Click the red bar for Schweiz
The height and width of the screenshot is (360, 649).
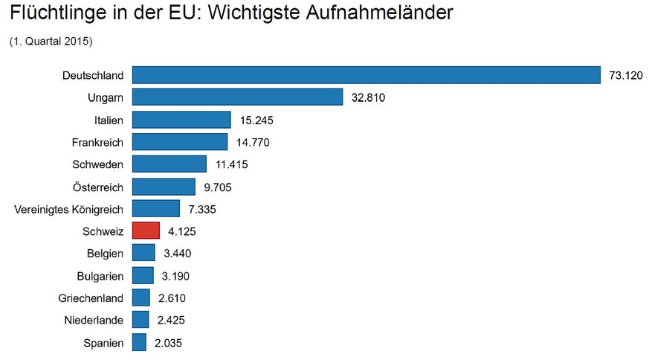click(146, 231)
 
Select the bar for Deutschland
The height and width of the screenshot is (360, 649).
click(366, 75)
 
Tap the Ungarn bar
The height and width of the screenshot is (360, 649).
click(237, 97)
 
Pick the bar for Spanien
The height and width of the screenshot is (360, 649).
click(139, 343)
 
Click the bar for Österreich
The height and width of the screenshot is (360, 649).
click(164, 187)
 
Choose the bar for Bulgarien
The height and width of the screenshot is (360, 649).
click(143, 276)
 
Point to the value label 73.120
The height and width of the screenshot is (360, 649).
click(625, 75)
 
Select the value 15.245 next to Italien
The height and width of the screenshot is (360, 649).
click(256, 120)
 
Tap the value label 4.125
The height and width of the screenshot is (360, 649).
click(182, 231)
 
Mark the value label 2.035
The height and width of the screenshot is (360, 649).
click(168, 343)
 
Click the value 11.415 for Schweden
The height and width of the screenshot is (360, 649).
click(232, 164)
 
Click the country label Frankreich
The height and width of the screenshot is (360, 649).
click(97, 142)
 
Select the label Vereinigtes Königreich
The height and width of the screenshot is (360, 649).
click(69, 209)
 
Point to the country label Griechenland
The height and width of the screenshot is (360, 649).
click(91, 298)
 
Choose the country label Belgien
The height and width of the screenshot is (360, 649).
click(105, 254)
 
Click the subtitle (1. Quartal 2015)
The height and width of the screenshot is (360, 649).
click(51, 42)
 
